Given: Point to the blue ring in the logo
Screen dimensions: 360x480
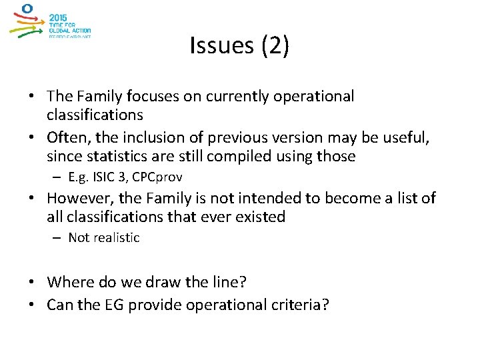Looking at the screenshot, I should (27, 9).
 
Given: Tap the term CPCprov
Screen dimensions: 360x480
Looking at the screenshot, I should (158, 177).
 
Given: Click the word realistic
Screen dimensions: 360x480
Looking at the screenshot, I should (115, 237).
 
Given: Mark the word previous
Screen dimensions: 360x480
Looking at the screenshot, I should (234, 138).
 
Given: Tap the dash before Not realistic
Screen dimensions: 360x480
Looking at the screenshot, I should (59, 238).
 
